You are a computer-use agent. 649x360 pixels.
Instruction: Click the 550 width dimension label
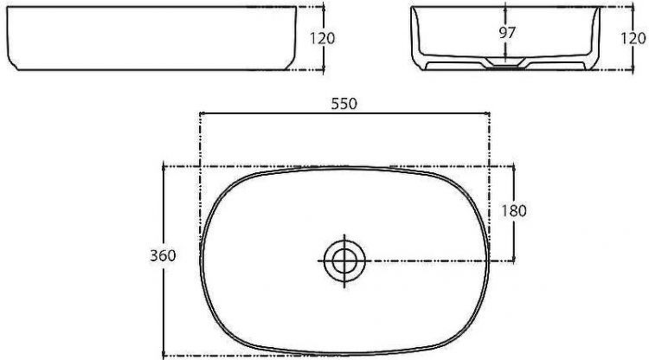coord(344,104)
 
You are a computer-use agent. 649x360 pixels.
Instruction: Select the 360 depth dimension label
coord(163,256)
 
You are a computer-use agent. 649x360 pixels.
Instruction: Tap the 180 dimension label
coord(514,211)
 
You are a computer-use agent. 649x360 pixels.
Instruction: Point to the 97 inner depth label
coord(506,33)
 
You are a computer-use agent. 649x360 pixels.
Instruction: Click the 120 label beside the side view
coord(323,38)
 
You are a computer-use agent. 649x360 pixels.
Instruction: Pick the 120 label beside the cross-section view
coord(633,38)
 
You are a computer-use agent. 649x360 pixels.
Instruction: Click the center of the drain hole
coord(344,260)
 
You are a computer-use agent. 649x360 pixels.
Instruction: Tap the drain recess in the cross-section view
coord(506,62)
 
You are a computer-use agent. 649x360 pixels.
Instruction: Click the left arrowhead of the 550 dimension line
coord(202,112)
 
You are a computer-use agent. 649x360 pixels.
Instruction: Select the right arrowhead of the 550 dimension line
coord(487,112)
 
